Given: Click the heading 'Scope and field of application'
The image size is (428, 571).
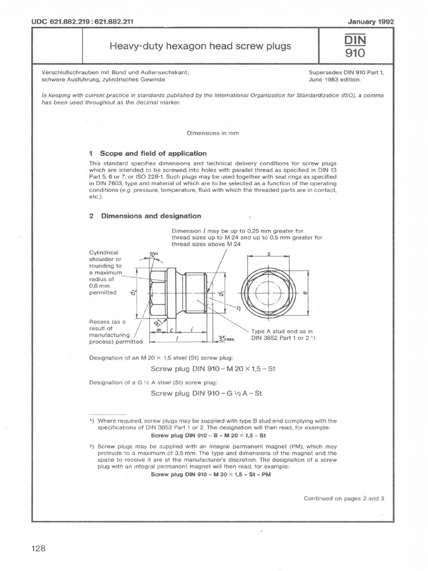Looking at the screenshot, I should tap(153, 153).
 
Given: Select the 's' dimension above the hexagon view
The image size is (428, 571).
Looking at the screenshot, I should tap(269, 254).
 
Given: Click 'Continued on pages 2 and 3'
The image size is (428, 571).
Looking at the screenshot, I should tap(344, 498).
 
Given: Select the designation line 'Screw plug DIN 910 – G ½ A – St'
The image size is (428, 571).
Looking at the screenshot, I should tap(207, 393).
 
